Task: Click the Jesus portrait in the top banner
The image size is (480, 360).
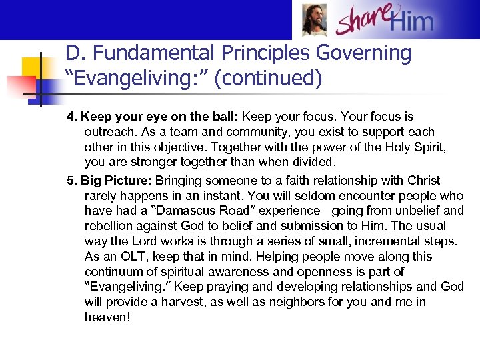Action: (x=315, y=19)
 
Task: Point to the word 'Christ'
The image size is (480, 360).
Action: (x=421, y=180)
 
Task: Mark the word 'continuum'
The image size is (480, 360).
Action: (x=114, y=272)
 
